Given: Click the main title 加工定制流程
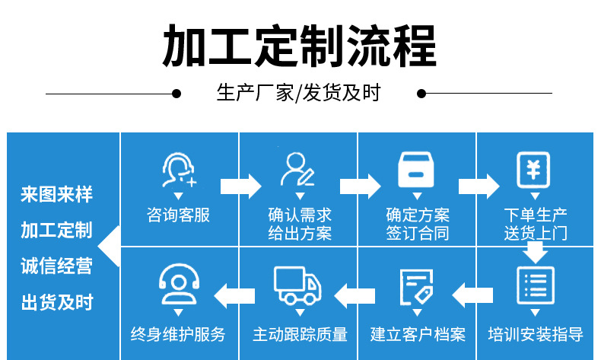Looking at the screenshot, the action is point(300,46).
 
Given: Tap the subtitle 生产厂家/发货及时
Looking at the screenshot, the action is point(298,94).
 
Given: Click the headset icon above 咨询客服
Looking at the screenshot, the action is point(178,170).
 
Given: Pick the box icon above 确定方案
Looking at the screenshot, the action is point(416,170).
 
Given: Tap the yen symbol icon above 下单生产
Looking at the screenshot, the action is point(535,169).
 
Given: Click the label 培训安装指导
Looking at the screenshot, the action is point(536,333).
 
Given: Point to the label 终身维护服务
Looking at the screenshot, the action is point(178,333).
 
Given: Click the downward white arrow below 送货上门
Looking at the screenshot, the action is point(536,252).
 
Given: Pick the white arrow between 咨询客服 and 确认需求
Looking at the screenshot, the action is point(240,185).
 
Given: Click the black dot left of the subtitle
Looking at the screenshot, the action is point(176,94).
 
